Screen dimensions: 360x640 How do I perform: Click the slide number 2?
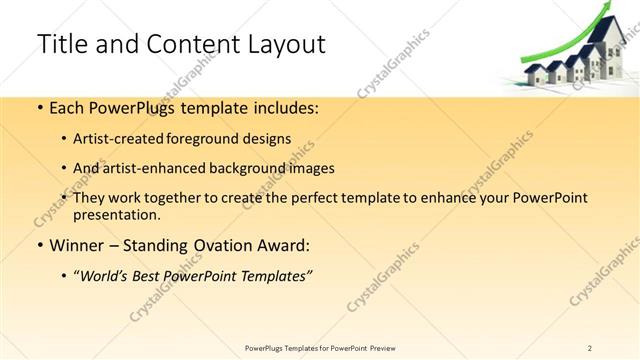590,347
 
